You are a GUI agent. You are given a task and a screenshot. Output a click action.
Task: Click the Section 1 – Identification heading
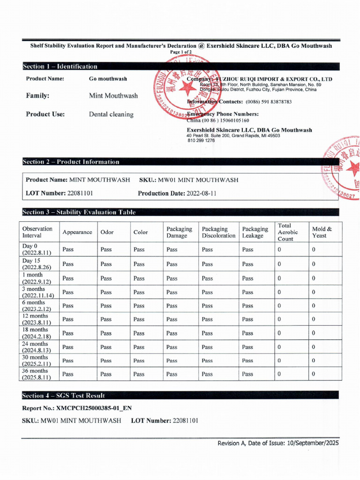[60, 67]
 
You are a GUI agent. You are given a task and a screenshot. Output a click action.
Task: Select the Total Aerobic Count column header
[287, 232]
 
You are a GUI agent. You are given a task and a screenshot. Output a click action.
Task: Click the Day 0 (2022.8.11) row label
[37, 249]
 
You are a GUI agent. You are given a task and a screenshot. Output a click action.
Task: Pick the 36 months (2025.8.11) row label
[37, 374]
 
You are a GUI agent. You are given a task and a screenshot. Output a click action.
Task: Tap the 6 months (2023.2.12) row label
[37, 306]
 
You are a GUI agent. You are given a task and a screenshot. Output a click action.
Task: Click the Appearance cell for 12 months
[68, 319]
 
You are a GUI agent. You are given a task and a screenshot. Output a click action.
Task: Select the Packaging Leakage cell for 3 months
[247, 292]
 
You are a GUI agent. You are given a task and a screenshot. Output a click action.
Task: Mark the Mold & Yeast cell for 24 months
[314, 347]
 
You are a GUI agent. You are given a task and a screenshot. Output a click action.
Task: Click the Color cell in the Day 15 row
[139, 264]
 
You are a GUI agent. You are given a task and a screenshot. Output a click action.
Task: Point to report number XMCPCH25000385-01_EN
[94, 408]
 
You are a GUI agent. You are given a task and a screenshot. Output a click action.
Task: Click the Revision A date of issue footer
[278, 443]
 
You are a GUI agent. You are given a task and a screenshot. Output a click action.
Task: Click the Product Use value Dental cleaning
[111, 114]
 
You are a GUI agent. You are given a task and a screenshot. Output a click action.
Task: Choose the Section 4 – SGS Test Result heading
[64, 396]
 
